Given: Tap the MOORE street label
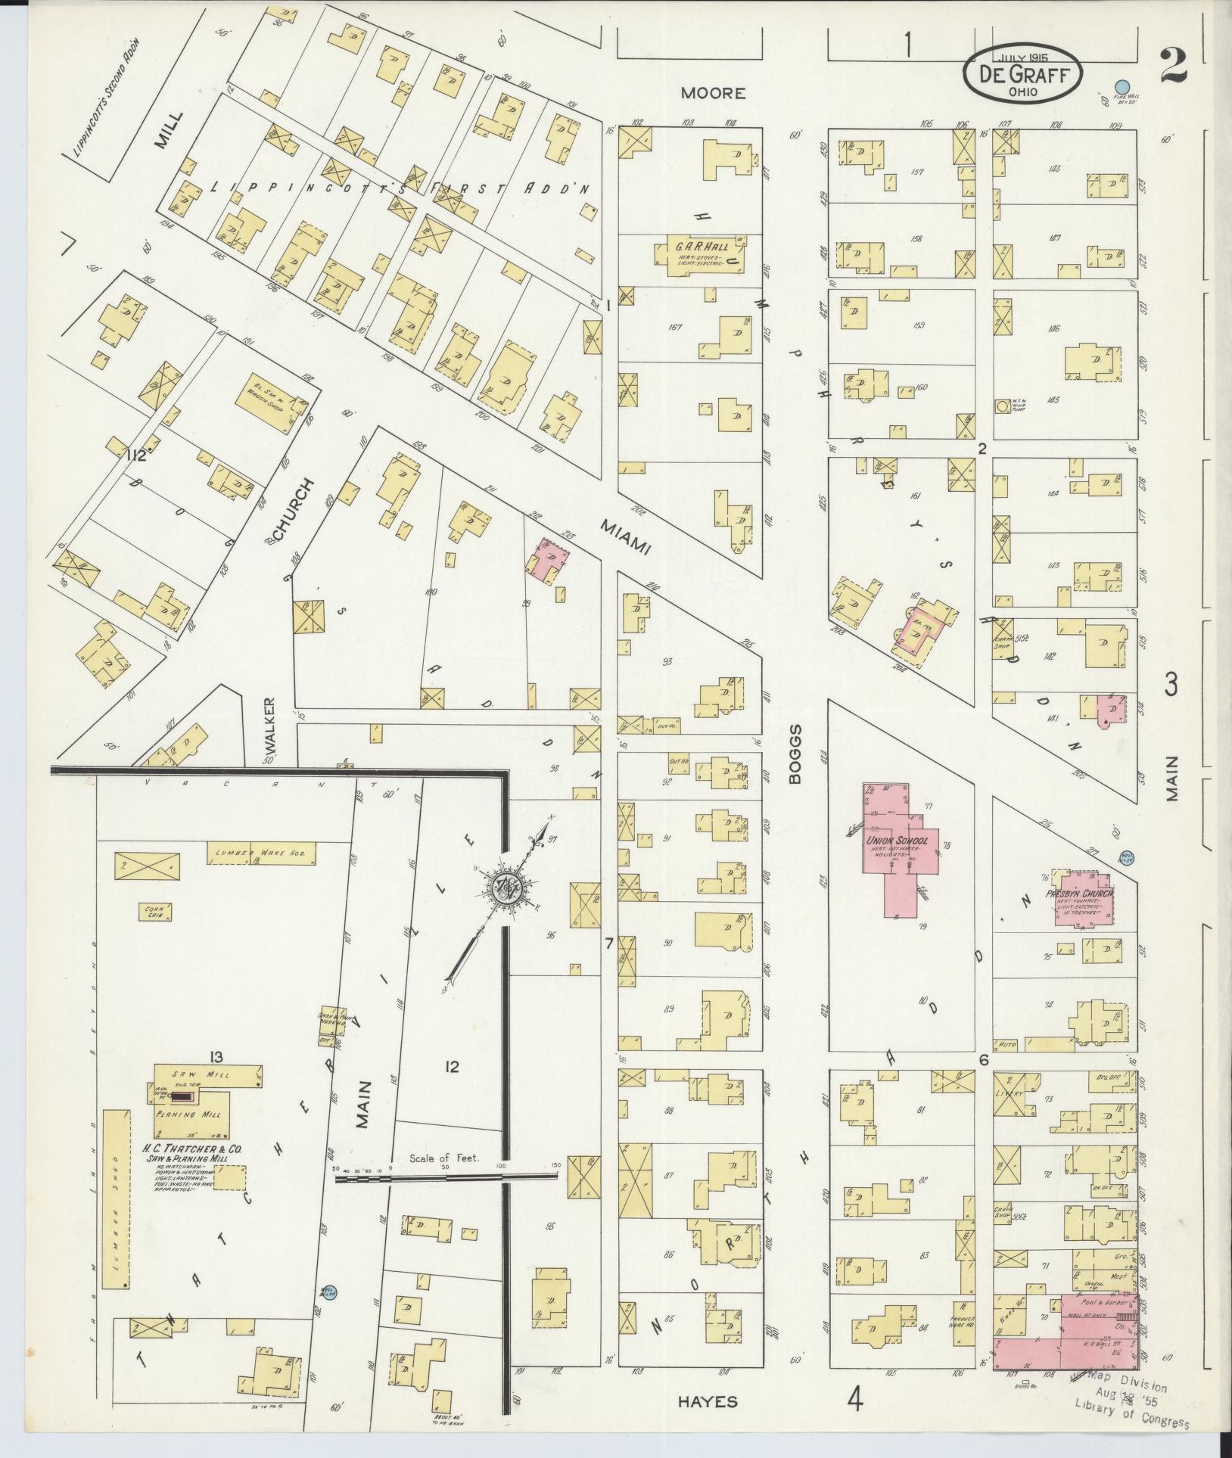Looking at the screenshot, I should pyautogui.click(x=712, y=93).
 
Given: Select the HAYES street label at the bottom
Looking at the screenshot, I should pyautogui.click(x=708, y=1401).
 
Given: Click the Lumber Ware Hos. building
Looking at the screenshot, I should pyautogui.click(x=261, y=853).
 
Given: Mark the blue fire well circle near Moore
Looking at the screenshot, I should pyautogui.click(x=1124, y=88).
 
